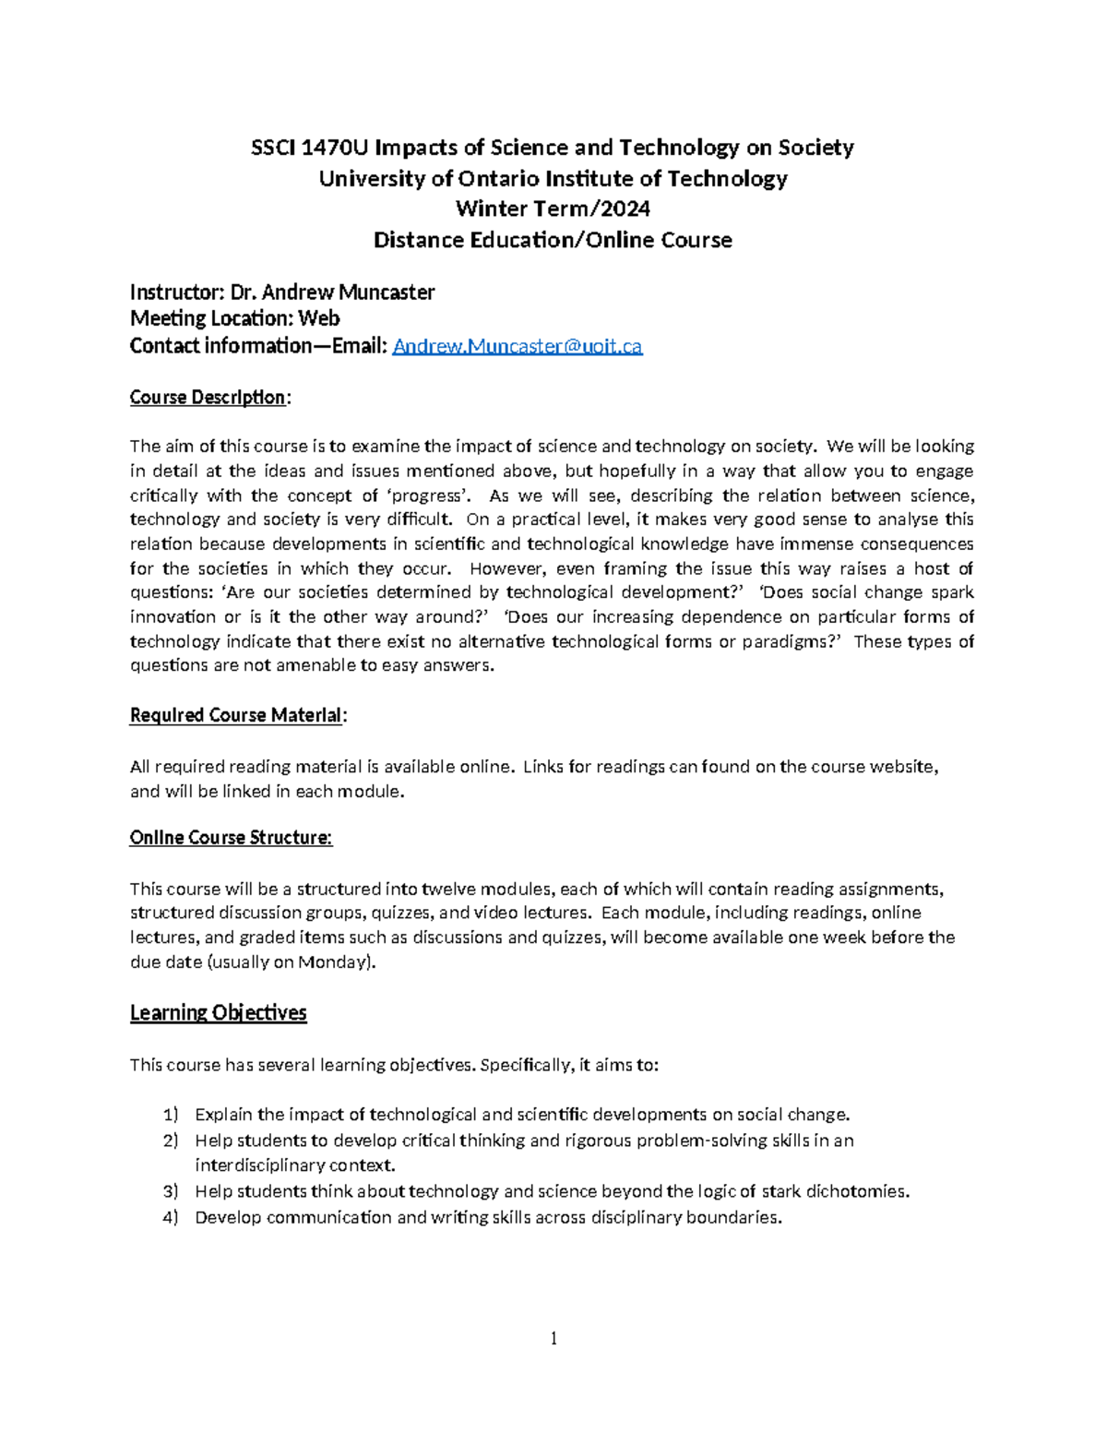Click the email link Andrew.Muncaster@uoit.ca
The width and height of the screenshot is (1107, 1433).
(517, 346)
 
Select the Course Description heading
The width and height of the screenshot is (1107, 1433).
(209, 397)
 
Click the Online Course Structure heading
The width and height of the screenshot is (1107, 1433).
(231, 838)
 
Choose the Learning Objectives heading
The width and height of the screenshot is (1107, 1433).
(218, 1013)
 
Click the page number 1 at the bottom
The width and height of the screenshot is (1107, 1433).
(553, 1339)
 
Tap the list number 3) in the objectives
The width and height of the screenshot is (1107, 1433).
(170, 1191)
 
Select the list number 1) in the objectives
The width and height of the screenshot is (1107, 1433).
(170, 1115)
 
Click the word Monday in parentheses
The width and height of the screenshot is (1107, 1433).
(338, 962)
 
